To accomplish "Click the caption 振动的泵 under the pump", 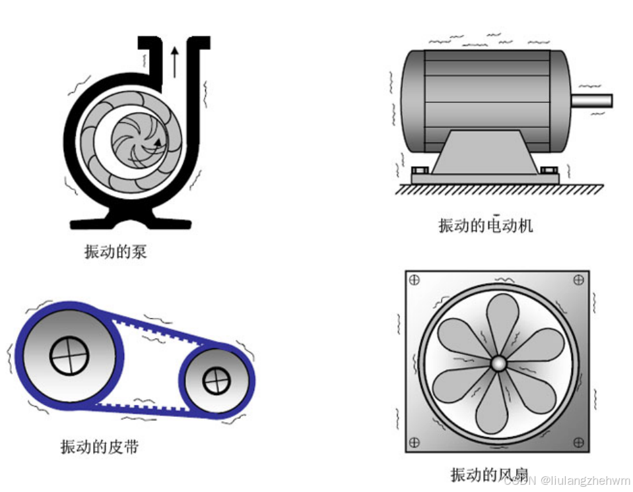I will pyautogui.click(x=116, y=251).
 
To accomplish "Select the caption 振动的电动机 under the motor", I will pyautogui.click(x=485, y=226).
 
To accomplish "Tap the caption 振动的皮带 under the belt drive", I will pyautogui.click(x=100, y=446).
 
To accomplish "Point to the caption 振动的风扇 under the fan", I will pyautogui.click(x=489, y=474).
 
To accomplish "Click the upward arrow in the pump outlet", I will pyautogui.click(x=174, y=61).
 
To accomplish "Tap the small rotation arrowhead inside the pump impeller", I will pyautogui.click(x=157, y=140).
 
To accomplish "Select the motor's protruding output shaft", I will pyautogui.click(x=591, y=101).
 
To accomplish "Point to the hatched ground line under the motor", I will pyautogui.click(x=499, y=189).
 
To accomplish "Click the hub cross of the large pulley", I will pyautogui.click(x=69, y=355).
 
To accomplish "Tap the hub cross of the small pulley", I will pyautogui.click(x=216, y=381).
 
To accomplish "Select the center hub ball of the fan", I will pyautogui.click(x=497, y=363).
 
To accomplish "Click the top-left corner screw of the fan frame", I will pyautogui.click(x=415, y=280).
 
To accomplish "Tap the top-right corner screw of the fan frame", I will pyautogui.click(x=579, y=280).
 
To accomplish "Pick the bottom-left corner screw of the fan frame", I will pyautogui.click(x=415, y=443).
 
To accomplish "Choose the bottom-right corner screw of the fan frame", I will pyautogui.click(x=579, y=443).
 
